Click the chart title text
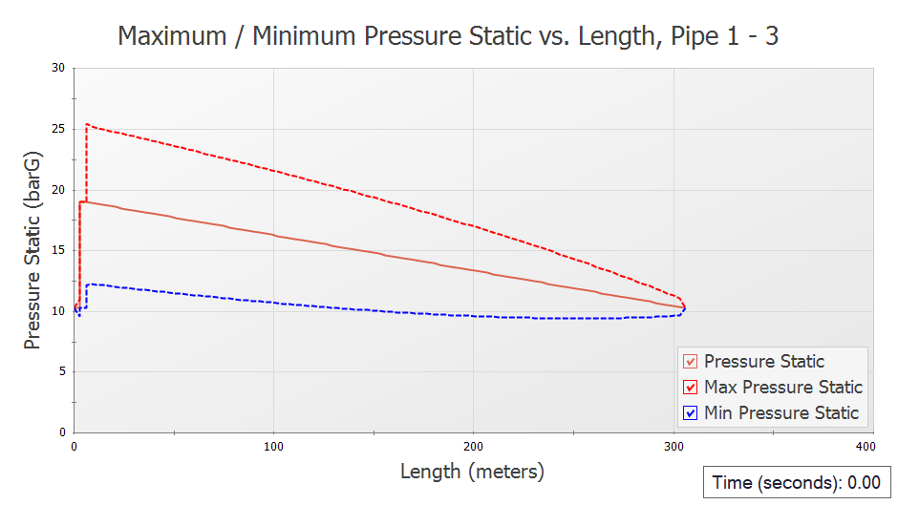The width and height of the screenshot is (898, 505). click(x=448, y=35)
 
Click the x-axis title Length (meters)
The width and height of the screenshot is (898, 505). click(x=472, y=471)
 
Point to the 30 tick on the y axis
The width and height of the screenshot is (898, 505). click(x=59, y=68)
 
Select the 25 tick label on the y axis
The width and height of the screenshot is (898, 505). click(x=59, y=129)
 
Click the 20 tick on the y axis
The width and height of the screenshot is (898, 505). click(x=59, y=189)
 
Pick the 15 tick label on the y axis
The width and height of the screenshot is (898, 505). click(x=59, y=250)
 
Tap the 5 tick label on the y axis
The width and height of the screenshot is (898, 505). click(x=62, y=371)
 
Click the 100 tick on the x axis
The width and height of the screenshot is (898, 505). click(x=274, y=446)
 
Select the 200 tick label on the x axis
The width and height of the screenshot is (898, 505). click(x=474, y=446)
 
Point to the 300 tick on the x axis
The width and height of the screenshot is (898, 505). click(x=673, y=446)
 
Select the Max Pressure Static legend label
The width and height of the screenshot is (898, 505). click(x=782, y=388)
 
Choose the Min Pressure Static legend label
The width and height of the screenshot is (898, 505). click(x=780, y=413)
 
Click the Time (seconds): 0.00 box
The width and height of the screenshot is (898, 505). click(x=796, y=482)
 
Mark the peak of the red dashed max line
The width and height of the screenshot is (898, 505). click(x=87, y=124)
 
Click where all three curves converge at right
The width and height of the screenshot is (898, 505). click(x=684, y=308)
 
